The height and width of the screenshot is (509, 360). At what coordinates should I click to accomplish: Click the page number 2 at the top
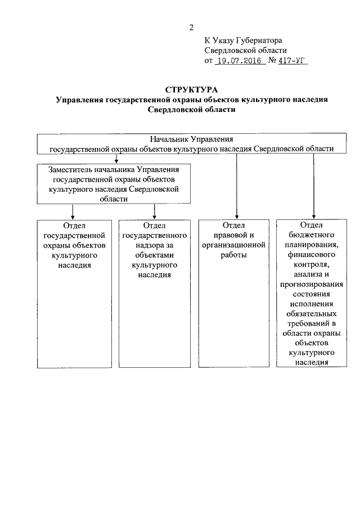click(x=192, y=27)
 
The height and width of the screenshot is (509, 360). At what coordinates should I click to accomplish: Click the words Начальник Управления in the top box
click(x=191, y=139)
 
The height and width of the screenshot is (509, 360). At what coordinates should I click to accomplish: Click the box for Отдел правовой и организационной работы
click(x=236, y=292)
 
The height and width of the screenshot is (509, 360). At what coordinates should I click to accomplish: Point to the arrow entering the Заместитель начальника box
click(x=116, y=159)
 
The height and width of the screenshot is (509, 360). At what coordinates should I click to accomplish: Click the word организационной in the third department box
click(x=236, y=245)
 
